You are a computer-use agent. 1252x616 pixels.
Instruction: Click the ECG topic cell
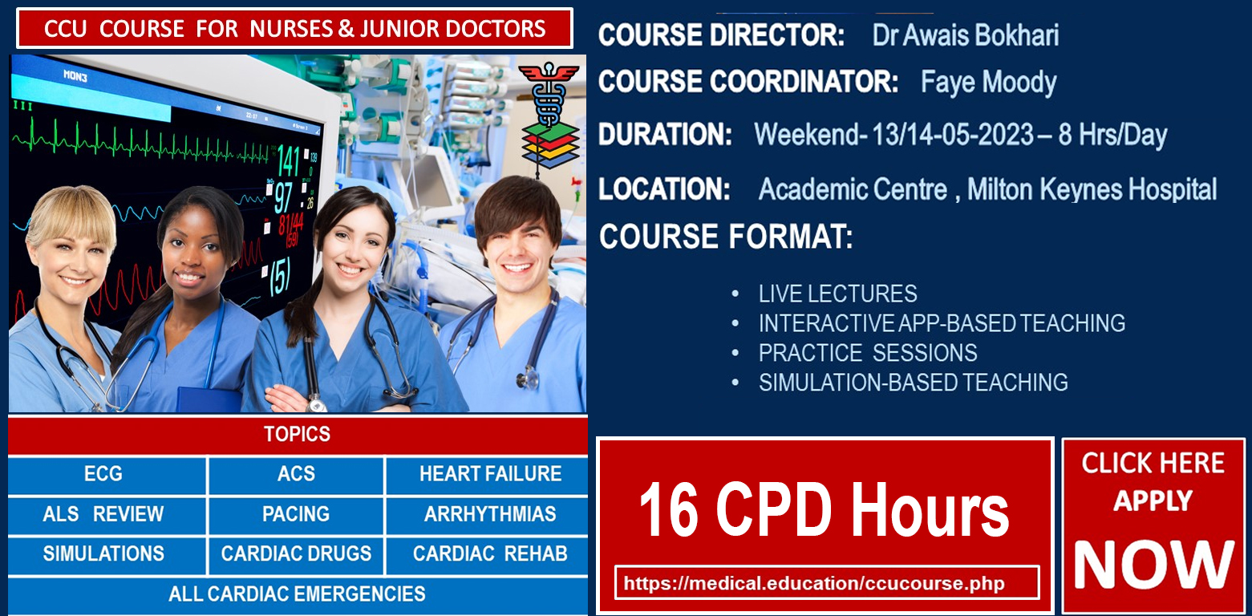click(x=103, y=474)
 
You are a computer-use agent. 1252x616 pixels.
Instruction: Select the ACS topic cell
click(x=296, y=474)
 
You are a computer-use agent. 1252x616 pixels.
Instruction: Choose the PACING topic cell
click(x=296, y=513)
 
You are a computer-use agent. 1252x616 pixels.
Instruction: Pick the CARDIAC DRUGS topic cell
click(x=296, y=553)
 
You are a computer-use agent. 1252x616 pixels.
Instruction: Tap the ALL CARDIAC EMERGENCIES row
click(x=298, y=595)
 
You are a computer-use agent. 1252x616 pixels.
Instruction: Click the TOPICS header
click(x=298, y=435)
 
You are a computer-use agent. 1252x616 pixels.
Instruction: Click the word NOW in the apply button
click(x=1153, y=565)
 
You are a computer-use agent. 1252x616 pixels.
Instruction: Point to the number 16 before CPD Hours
click(x=668, y=509)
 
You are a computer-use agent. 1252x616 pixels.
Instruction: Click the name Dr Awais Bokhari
click(x=966, y=35)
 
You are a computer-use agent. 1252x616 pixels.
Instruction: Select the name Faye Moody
click(x=989, y=83)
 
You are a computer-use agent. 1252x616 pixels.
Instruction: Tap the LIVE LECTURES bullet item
click(x=837, y=294)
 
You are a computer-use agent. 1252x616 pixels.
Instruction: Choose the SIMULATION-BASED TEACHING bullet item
click(x=914, y=383)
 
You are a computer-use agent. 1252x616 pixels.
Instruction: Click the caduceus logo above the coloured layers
click(x=549, y=93)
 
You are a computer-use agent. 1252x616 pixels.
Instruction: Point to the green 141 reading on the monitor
click(x=289, y=161)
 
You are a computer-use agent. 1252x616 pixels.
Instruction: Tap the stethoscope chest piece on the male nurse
click(x=529, y=378)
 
